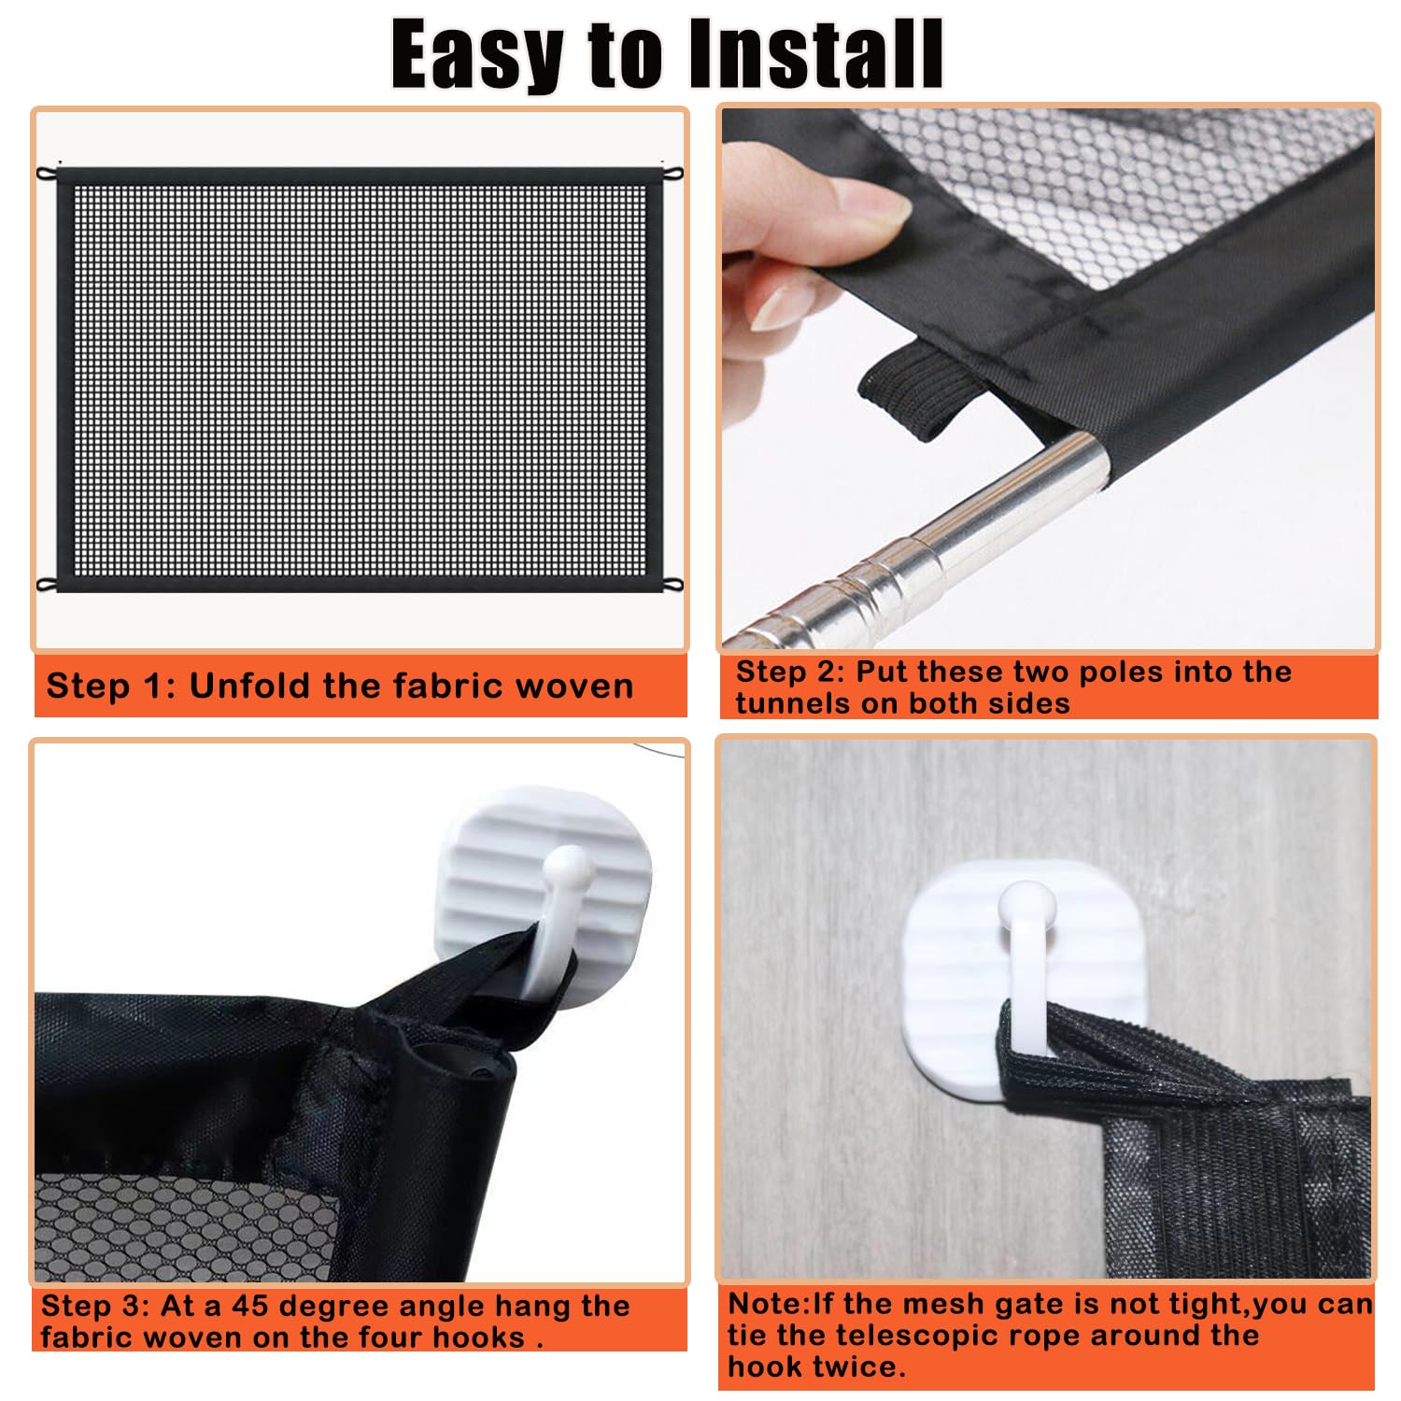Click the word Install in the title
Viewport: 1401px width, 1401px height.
[x=814, y=54]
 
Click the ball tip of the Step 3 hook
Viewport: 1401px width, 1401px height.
[x=567, y=865]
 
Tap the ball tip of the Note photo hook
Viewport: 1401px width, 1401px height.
[x=1026, y=902]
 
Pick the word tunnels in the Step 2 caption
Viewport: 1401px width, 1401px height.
[x=793, y=703]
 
